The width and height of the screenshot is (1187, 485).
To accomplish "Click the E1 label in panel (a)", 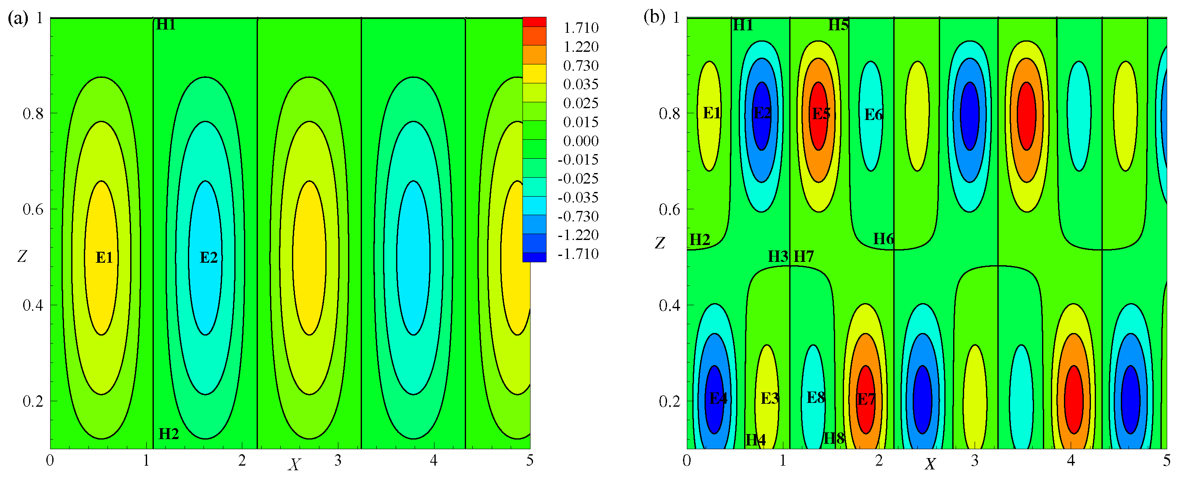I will [x=104, y=258].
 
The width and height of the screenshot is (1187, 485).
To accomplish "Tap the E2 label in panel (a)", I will [x=208, y=258].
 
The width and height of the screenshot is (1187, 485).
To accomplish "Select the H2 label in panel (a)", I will [x=168, y=434].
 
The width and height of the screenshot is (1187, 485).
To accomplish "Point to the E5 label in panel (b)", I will [x=821, y=114].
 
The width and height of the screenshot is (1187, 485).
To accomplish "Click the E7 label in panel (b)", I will [x=865, y=399].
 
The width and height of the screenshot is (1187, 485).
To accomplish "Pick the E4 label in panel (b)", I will [x=718, y=398].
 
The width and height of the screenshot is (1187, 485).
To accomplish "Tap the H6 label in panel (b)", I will [x=883, y=239].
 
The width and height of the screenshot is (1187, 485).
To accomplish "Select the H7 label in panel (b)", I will [x=804, y=256].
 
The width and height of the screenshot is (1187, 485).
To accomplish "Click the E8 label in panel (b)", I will [x=816, y=397].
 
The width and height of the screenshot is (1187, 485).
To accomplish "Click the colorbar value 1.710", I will [x=581, y=28].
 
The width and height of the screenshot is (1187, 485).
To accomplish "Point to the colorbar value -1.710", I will [x=578, y=254].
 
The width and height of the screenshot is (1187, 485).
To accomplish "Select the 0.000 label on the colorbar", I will [x=581, y=141].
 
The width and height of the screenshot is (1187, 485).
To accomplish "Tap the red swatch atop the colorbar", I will [x=534, y=21].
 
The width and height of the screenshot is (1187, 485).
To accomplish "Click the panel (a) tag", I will [x=18, y=19].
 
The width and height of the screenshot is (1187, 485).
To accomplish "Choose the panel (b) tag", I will [x=654, y=17].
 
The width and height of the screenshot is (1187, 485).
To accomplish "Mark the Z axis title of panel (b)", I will [x=659, y=243].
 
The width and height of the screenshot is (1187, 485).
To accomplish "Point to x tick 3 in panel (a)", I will [x=338, y=461].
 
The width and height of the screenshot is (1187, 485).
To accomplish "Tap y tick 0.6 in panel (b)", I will [x=669, y=210].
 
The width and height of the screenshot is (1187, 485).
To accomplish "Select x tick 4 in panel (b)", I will [x=1070, y=461].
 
